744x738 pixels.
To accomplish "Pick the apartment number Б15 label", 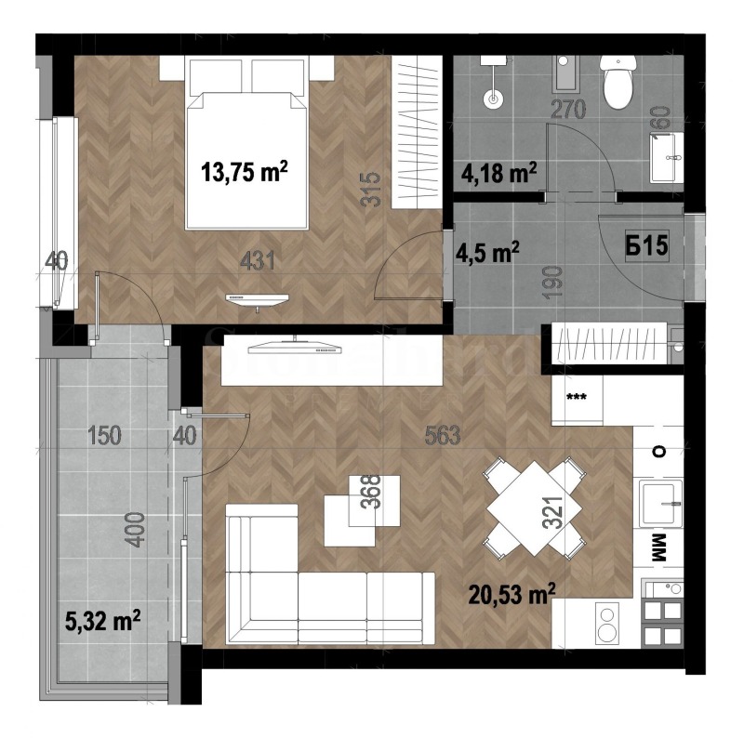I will pyautogui.click(x=648, y=248).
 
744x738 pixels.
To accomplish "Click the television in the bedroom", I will pyautogui.click(x=259, y=297).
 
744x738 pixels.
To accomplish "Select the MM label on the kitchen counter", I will pyautogui.click(x=659, y=548).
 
